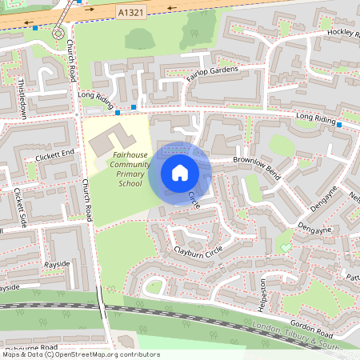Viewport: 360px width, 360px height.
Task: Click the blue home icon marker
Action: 180,172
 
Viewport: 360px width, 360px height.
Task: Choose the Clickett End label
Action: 54,154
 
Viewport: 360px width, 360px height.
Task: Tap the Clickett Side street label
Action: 20,208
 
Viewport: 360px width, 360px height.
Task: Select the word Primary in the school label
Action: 130,174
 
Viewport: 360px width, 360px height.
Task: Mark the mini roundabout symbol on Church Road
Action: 58,34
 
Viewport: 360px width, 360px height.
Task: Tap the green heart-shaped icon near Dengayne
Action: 286,246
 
